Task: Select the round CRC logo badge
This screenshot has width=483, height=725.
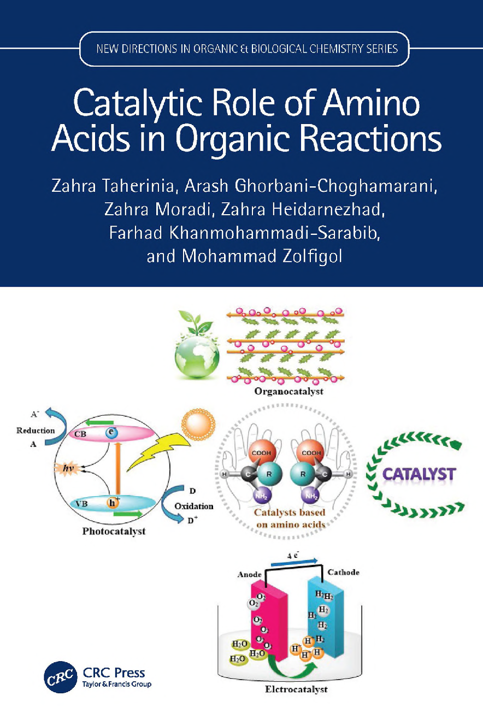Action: [61, 677]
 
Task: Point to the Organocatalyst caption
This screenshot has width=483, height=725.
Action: [289, 391]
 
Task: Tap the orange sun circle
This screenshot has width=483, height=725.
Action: [198, 423]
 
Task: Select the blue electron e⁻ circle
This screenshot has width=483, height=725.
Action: [111, 432]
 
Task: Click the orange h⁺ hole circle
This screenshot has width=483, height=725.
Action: [113, 503]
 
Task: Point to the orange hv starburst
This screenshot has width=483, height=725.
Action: [67, 469]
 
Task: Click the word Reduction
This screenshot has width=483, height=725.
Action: [36, 431]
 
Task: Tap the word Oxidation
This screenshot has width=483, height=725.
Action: [194, 506]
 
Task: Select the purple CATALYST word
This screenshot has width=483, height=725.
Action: [419, 474]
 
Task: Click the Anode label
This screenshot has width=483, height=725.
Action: [249, 575]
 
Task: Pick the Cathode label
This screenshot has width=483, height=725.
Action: [344, 572]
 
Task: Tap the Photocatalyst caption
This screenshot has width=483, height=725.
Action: [114, 531]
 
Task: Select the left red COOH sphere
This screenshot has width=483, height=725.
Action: [261, 452]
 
